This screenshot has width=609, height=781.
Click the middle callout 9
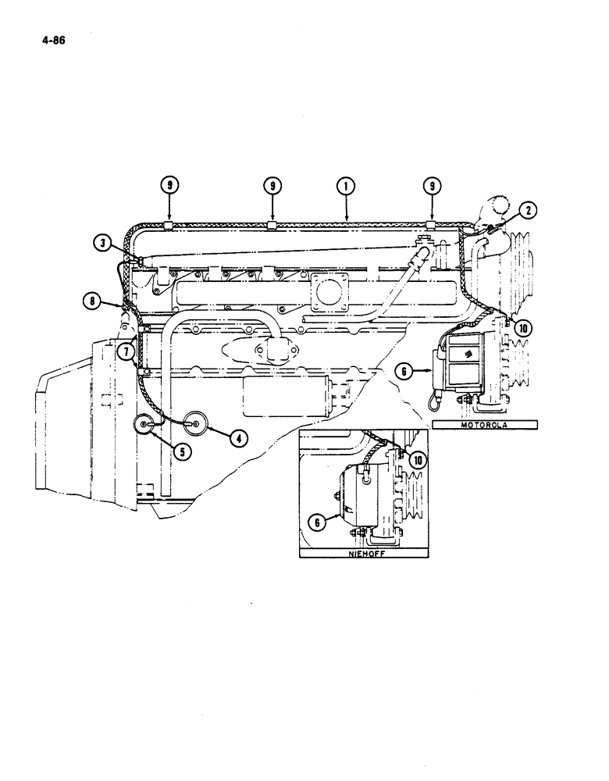point(272,186)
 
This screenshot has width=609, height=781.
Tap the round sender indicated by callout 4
point(194,423)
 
